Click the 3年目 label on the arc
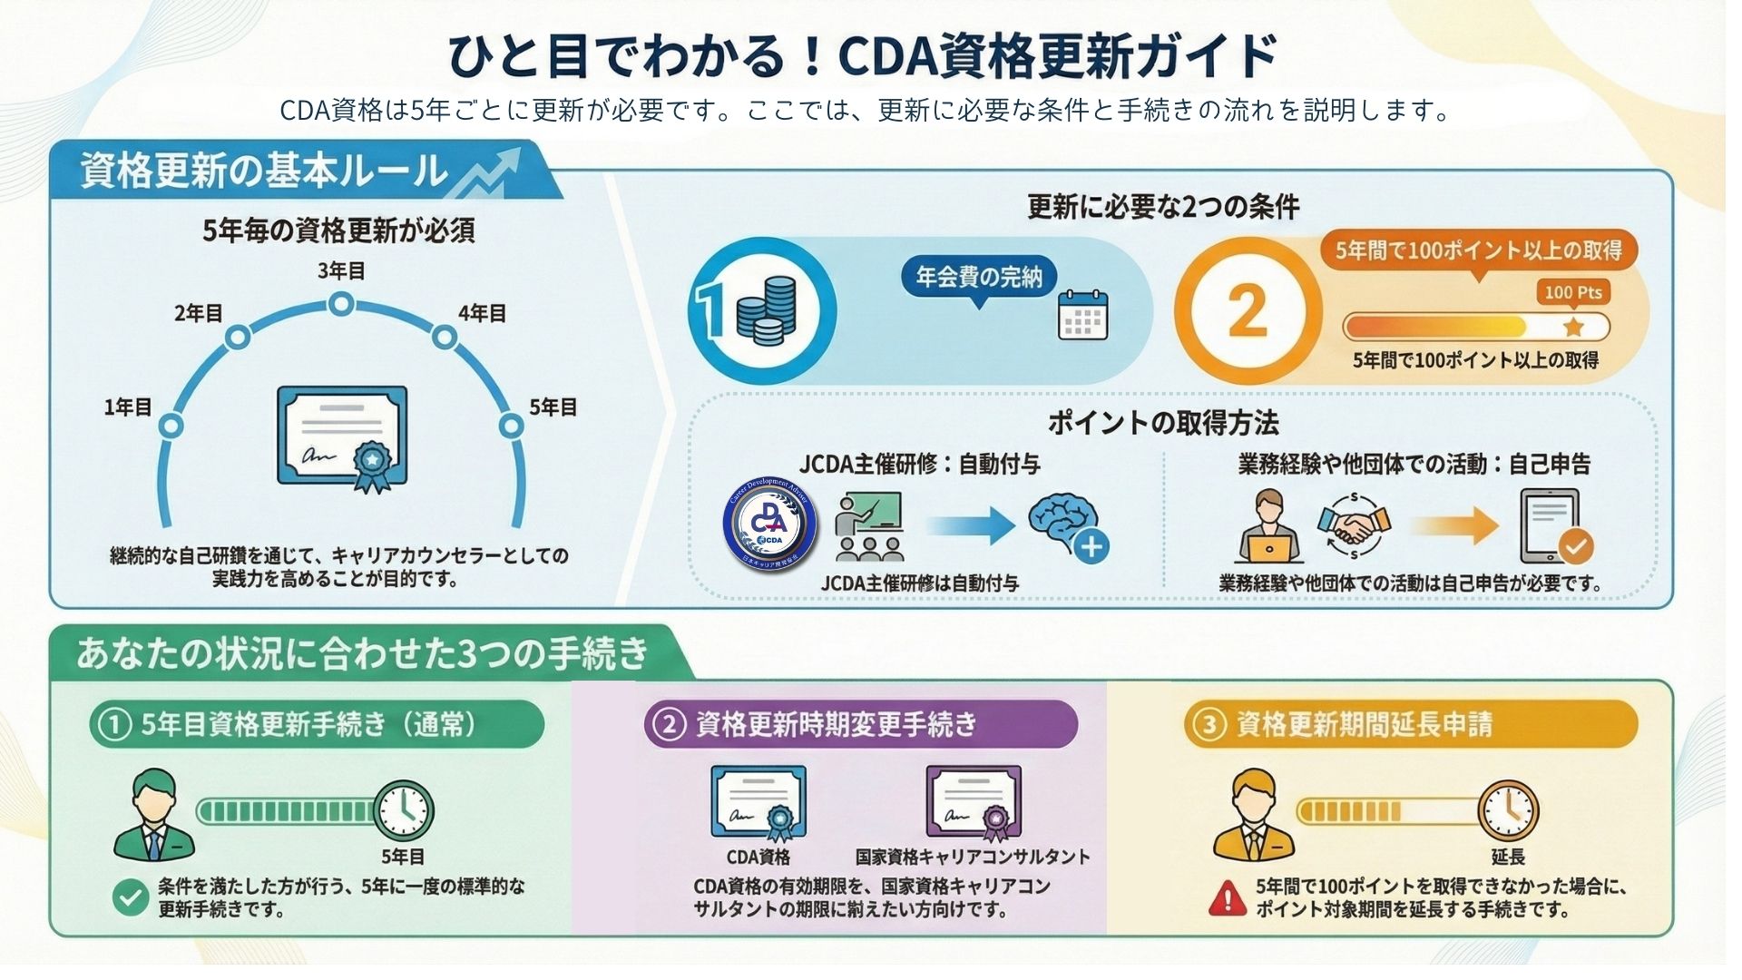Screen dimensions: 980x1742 coord(341,270)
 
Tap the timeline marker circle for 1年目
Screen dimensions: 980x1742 coord(171,426)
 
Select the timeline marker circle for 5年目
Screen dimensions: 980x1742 coord(513,426)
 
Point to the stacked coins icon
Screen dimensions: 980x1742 coord(767,310)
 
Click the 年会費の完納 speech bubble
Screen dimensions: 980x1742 coord(978,278)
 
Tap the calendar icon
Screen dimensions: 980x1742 coord(1082,315)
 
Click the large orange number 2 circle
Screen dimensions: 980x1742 coord(1248,311)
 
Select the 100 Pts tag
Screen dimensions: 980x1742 coord(1573,292)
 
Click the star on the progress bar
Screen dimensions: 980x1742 coord(1573,327)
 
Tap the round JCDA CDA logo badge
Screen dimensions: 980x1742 coord(770,524)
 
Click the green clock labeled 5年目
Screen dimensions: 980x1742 coord(404,810)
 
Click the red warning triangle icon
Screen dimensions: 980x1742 coord(1228,897)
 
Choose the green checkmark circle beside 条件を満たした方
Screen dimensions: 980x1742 coord(131,897)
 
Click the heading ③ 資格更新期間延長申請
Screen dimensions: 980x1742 coord(1411,724)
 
